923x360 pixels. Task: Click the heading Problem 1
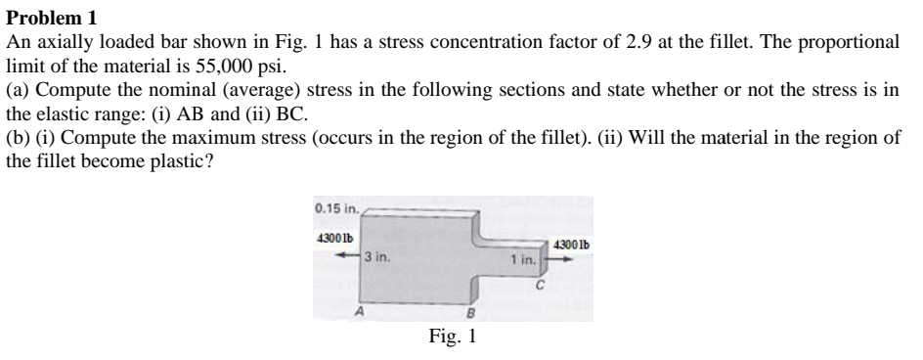(x=51, y=19)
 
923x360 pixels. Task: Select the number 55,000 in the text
(x=224, y=66)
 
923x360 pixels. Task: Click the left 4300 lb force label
(x=334, y=238)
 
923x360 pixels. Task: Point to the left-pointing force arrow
(x=348, y=255)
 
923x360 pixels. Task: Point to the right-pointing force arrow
(x=560, y=258)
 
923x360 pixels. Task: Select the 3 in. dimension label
(x=376, y=257)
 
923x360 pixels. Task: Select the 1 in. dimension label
(x=523, y=258)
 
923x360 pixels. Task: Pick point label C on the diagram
(x=539, y=286)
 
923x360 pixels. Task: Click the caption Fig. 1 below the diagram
(x=452, y=336)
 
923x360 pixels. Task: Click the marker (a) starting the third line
(x=19, y=90)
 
